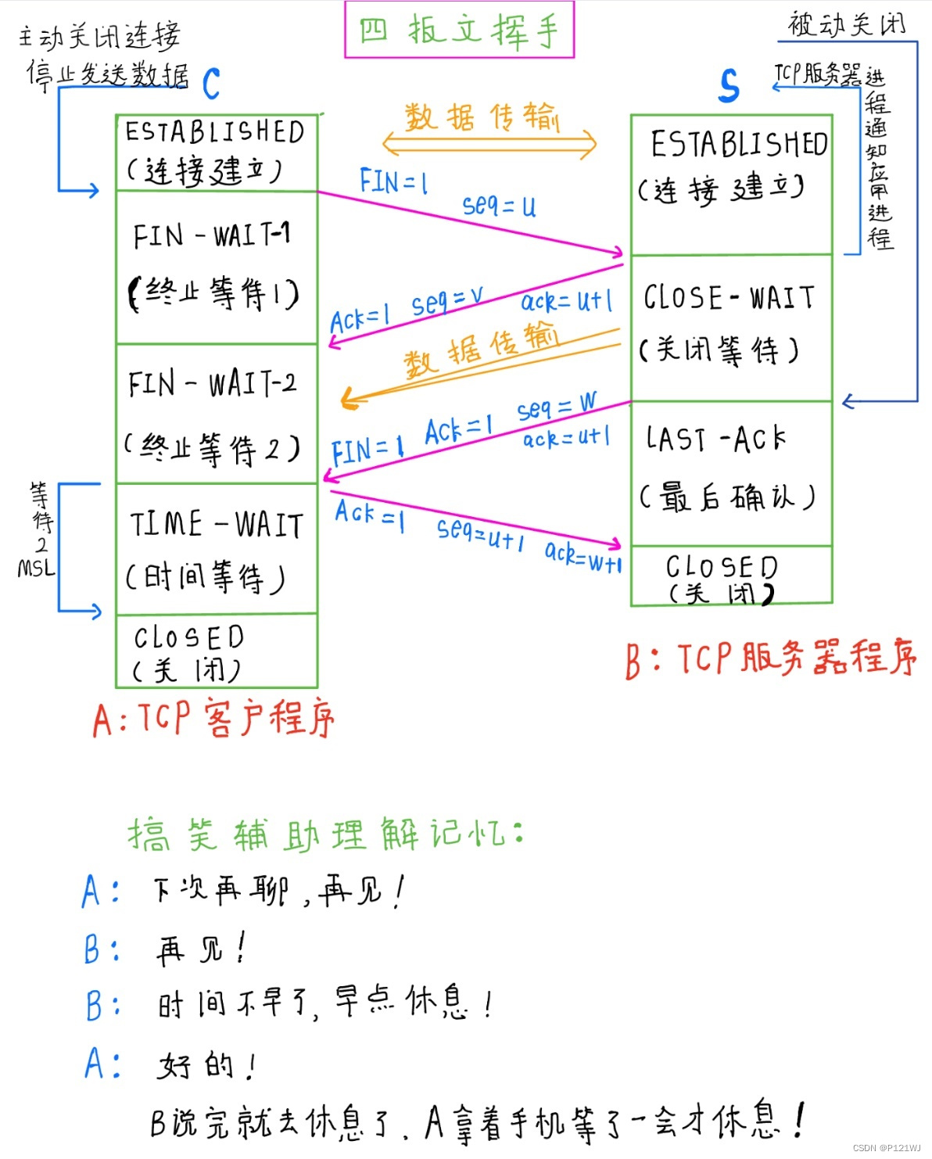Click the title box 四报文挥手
460,30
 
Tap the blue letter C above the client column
211,84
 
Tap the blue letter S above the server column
729,85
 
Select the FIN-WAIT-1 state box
217,267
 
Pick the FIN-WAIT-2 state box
217,413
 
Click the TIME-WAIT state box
217,548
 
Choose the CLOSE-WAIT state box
730,327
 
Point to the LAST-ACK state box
730,473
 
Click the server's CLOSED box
730,576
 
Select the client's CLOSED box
217,651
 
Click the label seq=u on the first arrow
500,206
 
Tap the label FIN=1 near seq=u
393,181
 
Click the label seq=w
556,407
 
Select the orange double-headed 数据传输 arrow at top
489,144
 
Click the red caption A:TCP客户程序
213,718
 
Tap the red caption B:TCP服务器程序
770,658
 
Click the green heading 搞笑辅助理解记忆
325,834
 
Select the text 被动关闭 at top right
846,24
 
